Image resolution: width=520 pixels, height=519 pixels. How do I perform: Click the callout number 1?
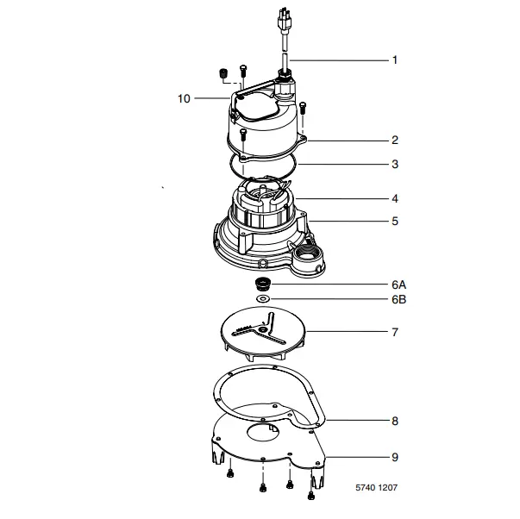click(395, 60)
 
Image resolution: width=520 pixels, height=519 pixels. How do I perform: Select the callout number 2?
click(395, 140)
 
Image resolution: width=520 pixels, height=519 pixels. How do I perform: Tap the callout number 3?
click(395, 164)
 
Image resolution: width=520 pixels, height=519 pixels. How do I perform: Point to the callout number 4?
click(395, 198)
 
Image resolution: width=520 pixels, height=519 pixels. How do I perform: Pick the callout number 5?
click(395, 222)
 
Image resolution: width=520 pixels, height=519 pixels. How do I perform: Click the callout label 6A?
click(398, 285)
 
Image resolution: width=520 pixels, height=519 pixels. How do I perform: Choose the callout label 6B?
click(398, 301)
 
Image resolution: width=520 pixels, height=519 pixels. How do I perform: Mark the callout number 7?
click(395, 332)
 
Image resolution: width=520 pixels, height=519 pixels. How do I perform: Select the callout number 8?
click(395, 422)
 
